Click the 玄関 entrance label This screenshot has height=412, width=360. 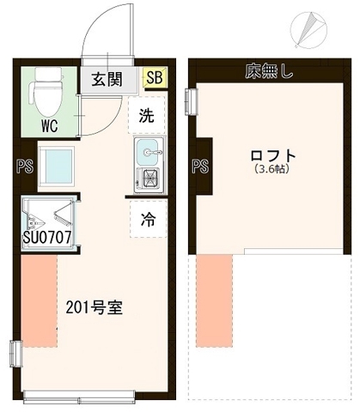pos(107,79)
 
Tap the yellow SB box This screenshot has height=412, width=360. pos(155,79)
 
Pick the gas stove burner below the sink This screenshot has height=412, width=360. pos(147,180)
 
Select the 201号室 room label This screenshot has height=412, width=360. pos(94,307)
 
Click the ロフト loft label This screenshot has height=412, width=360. pos(272,156)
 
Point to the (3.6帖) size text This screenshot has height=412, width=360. pos(272,170)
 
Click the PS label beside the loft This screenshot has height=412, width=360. pos(201,165)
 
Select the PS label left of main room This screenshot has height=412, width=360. pos(24,166)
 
